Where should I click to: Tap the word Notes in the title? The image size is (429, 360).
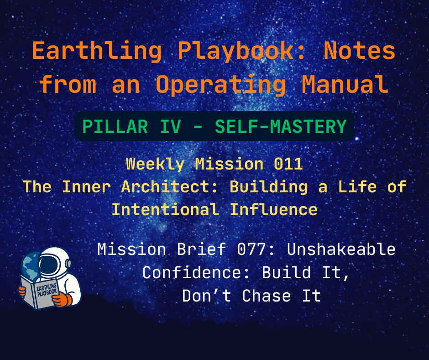[x=359, y=52]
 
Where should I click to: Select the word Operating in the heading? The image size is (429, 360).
[x=221, y=85]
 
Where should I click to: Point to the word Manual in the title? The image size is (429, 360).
[x=346, y=85]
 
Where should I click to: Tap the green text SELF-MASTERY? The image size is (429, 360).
[x=280, y=127]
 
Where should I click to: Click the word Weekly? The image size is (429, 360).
[x=155, y=164]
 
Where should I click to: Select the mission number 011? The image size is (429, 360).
[x=288, y=164]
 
